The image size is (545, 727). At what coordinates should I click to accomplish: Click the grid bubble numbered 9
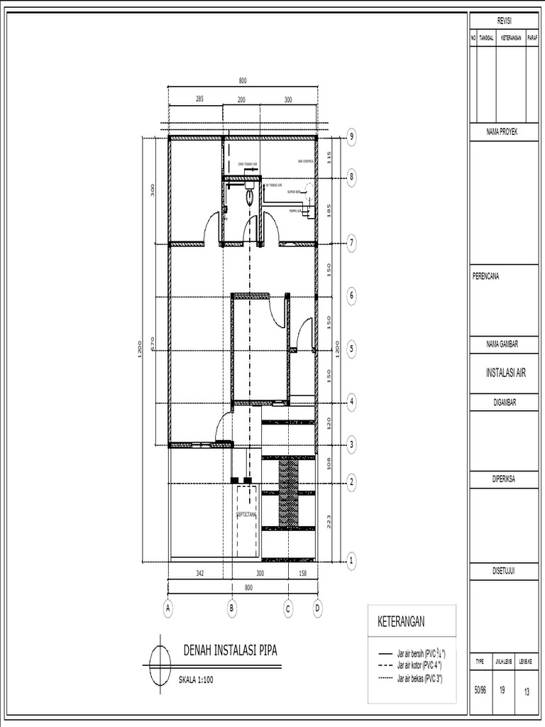pyautogui.click(x=351, y=138)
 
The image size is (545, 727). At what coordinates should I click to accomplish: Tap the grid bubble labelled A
pyautogui.click(x=168, y=608)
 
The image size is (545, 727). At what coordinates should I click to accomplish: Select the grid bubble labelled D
pyautogui.click(x=317, y=608)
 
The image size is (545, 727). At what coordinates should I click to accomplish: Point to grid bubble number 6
pyautogui.click(x=351, y=295)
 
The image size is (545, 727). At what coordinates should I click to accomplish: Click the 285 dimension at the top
pyautogui.click(x=199, y=99)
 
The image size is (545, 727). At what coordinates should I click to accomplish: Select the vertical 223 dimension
pyautogui.click(x=328, y=522)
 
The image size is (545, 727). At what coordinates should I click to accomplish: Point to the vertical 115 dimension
pyautogui.click(x=329, y=157)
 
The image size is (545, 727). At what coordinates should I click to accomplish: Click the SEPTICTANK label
pyautogui.click(x=246, y=516)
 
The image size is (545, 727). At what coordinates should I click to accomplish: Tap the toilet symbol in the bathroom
pyautogui.click(x=250, y=197)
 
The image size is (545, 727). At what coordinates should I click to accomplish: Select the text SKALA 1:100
pyautogui.click(x=195, y=679)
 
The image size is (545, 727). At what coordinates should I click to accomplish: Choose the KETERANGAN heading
pyautogui.click(x=401, y=622)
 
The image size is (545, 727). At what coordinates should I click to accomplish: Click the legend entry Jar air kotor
pyautogui.click(x=421, y=665)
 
